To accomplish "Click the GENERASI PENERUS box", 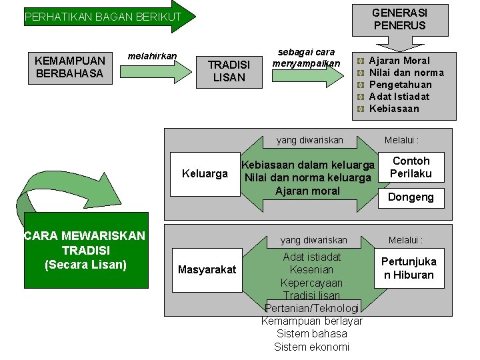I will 399,19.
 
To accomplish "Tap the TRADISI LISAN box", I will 229,71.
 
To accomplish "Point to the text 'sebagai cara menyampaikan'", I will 306,57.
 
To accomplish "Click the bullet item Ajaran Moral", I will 399,61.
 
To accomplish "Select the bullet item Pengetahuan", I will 400,85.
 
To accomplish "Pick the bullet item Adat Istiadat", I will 399,97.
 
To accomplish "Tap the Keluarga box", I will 205,174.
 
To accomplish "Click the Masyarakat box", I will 207,269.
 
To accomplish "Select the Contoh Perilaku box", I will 411,167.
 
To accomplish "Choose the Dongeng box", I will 411,197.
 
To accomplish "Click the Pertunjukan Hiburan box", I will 409,268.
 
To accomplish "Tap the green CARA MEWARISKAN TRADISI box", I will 85,250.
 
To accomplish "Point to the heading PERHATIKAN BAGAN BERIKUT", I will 103,17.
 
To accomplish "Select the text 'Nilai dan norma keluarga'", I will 307,177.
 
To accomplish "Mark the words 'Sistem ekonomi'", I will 311,347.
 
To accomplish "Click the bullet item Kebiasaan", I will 394,109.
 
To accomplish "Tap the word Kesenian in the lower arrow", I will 311,269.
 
